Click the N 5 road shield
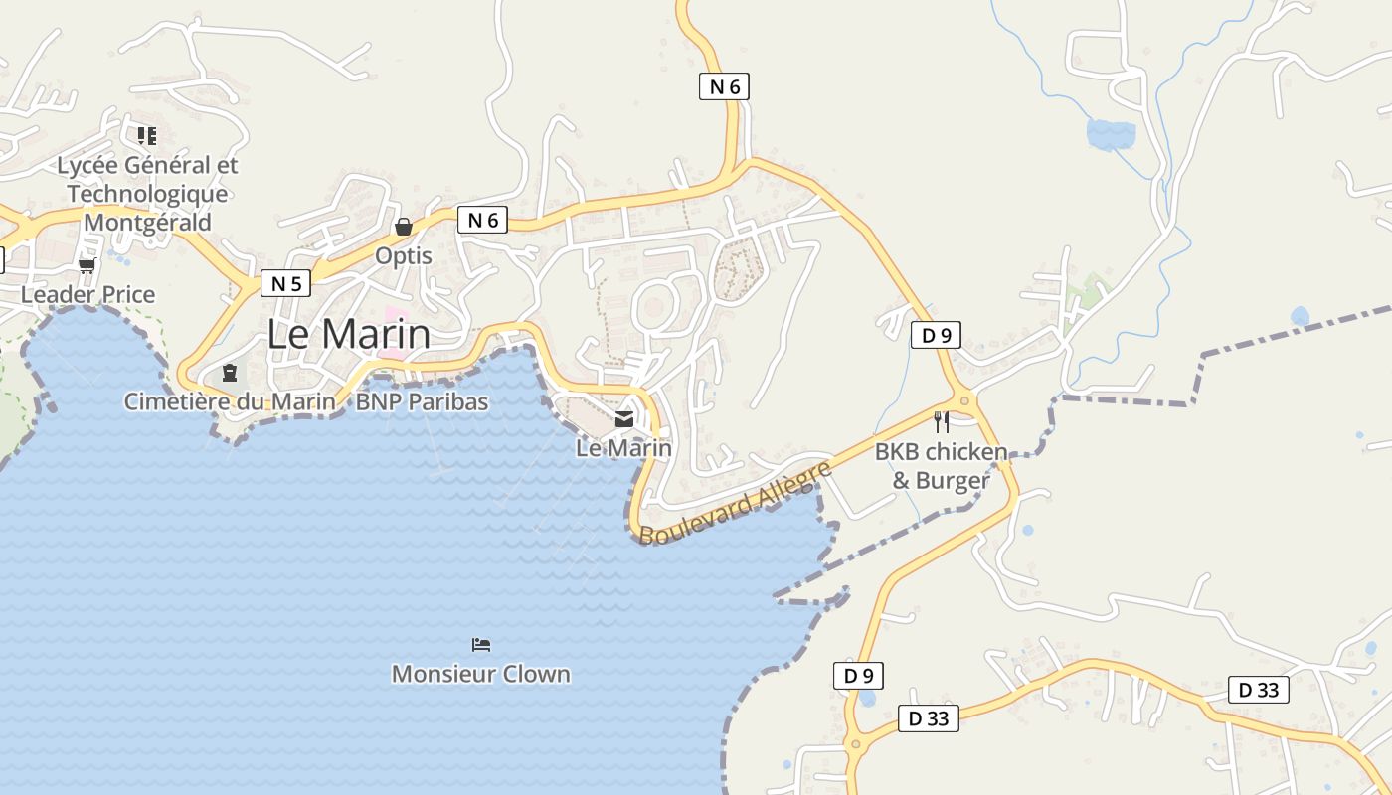click(285, 283)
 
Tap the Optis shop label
click(404, 255)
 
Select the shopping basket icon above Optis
click(404, 227)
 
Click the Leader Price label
click(88, 294)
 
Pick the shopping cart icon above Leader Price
click(87, 265)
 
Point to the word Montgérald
click(148, 222)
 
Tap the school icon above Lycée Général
click(147, 135)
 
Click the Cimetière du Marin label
click(230, 401)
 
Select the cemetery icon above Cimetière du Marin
click(230, 373)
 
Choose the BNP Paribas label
click(423, 401)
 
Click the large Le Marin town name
click(349, 334)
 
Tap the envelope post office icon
click(624, 419)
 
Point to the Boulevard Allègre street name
click(735, 503)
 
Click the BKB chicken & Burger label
click(941, 466)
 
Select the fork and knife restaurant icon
click(942, 421)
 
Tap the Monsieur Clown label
click(481, 674)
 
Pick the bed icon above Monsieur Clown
click(481, 645)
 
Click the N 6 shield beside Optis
click(482, 220)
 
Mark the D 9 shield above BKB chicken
click(936, 335)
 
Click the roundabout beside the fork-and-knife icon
click(965, 401)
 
